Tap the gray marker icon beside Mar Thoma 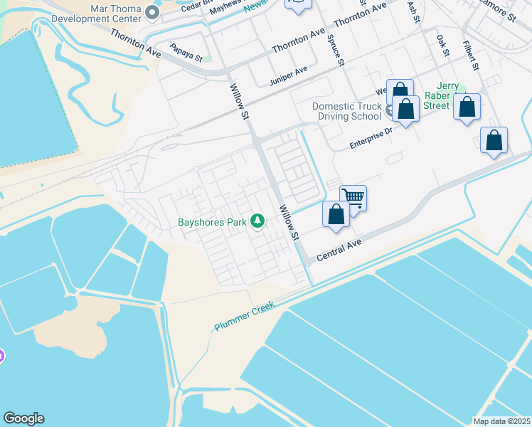click(151, 13)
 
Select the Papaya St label click(186, 52)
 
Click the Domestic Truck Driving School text click(347, 111)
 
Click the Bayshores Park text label click(212, 222)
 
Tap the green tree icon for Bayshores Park click(256, 222)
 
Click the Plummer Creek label click(245, 313)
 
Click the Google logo click(23, 418)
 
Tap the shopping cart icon click(353, 197)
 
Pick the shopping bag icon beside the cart click(336, 213)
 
